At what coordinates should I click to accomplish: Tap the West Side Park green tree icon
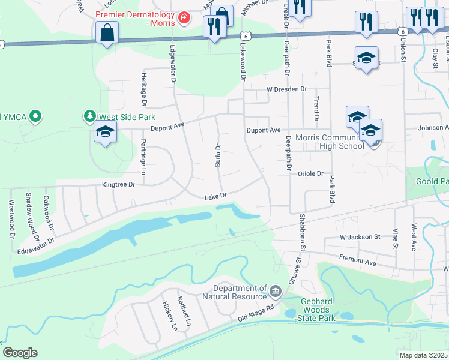(89, 115)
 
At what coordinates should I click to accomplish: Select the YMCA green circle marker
(35, 116)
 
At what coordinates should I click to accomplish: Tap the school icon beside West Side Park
(105, 132)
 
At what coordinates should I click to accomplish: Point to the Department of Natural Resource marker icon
(275, 292)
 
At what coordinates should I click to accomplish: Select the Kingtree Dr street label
(119, 185)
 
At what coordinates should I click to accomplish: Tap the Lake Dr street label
(215, 196)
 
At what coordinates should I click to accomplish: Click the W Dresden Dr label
(287, 89)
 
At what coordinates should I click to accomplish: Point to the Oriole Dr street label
(311, 174)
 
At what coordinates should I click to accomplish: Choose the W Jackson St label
(360, 238)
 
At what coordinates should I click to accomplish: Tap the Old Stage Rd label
(256, 312)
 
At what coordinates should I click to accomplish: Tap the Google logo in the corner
(20, 353)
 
